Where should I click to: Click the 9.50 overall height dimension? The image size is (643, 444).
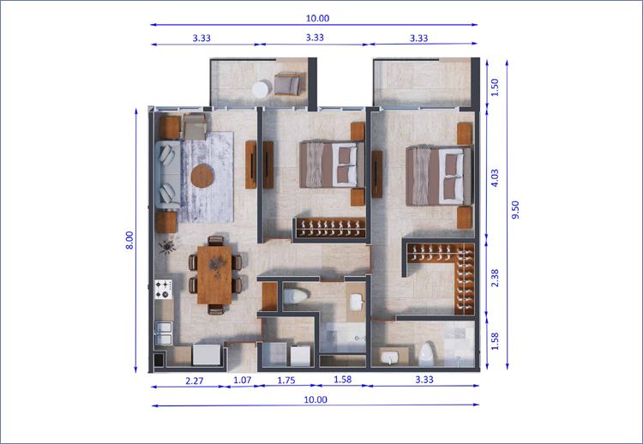(x=516, y=209)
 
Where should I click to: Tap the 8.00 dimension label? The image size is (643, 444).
(x=129, y=240)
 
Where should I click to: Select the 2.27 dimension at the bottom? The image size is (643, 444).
(x=195, y=381)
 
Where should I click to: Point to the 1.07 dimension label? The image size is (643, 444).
(x=243, y=380)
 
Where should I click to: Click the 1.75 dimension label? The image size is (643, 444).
(x=286, y=380)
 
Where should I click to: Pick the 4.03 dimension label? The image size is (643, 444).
(x=495, y=178)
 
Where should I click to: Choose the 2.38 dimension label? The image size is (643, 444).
(x=495, y=278)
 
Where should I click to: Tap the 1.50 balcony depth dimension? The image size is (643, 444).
(x=495, y=87)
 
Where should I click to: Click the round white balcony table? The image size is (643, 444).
(x=261, y=90)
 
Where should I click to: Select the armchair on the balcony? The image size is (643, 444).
(x=287, y=84)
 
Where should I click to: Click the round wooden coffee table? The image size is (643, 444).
(x=202, y=176)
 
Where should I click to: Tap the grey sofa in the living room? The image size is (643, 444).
(x=167, y=175)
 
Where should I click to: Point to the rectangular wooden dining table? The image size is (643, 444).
(x=214, y=274)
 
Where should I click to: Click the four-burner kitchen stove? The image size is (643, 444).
(x=163, y=290)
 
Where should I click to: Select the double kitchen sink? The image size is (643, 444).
(x=164, y=333)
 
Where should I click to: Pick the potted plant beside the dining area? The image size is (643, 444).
(x=167, y=246)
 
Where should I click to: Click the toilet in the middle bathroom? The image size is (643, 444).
(x=296, y=297)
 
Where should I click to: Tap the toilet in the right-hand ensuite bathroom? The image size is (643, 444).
(x=427, y=354)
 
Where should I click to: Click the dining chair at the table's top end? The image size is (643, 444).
(x=216, y=241)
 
